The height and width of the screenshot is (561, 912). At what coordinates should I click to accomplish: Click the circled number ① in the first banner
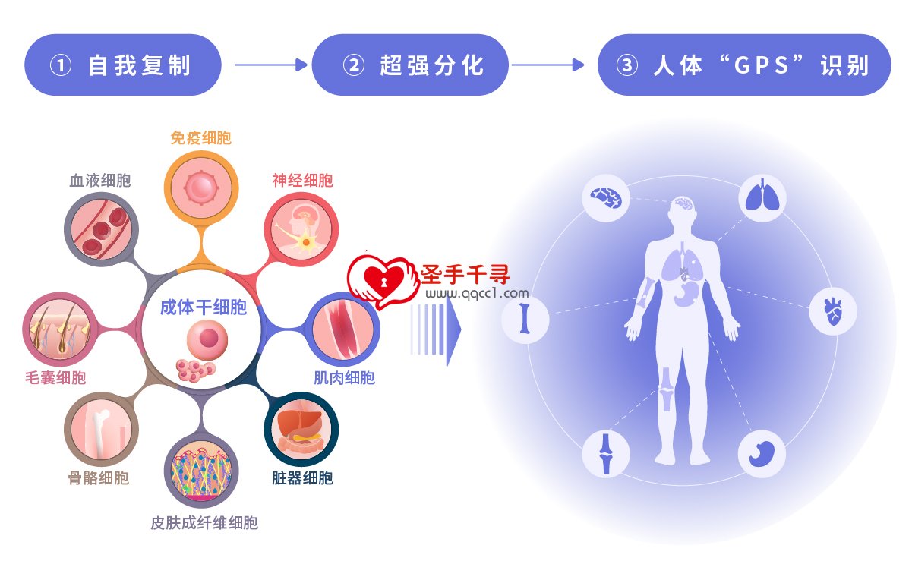click(61, 65)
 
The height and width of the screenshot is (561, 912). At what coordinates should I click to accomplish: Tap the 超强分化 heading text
click(432, 65)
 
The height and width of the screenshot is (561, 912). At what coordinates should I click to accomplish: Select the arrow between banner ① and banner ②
click(271, 65)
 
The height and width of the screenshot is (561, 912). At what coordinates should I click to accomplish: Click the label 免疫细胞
click(200, 138)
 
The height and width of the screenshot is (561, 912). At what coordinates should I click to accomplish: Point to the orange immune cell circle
click(201, 188)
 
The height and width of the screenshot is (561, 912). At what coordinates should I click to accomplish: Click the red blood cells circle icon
click(102, 229)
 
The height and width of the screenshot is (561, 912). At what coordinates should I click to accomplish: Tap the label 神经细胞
click(302, 181)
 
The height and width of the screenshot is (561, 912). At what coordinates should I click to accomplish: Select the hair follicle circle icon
click(60, 329)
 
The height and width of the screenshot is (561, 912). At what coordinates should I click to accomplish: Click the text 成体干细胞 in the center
click(204, 307)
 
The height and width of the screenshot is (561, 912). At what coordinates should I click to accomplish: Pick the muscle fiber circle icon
click(342, 329)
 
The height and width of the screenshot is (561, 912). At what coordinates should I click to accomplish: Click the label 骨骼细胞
click(98, 478)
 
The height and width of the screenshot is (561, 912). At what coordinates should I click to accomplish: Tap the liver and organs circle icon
click(301, 430)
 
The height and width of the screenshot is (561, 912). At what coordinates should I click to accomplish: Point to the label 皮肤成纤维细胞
click(204, 523)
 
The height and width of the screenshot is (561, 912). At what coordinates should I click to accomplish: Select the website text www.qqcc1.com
click(477, 293)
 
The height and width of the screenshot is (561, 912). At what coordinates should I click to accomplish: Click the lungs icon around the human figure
click(762, 198)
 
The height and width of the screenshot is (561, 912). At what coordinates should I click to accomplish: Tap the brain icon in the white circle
click(606, 198)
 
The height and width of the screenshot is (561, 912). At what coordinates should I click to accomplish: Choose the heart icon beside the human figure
click(833, 311)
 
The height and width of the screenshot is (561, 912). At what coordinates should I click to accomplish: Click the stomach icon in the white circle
click(762, 454)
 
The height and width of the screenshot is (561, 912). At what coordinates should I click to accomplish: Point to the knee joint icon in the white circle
click(606, 454)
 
